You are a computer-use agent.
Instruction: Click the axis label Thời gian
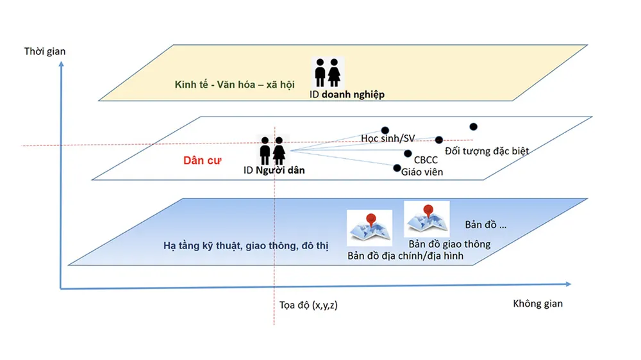point(45,51)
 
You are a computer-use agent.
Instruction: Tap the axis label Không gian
point(538,303)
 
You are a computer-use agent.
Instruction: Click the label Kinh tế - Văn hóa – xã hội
point(235,85)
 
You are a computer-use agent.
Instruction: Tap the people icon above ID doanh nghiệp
point(328,72)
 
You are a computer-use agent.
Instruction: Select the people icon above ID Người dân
point(272,151)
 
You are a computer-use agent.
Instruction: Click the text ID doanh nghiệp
point(347,95)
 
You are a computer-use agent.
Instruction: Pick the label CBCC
point(426,159)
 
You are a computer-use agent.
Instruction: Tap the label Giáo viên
point(422,172)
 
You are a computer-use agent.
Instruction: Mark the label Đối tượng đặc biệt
point(487,151)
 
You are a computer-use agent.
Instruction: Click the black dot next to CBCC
point(408,153)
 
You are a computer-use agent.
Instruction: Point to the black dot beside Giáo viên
point(397,168)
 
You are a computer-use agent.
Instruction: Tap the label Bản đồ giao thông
point(449,244)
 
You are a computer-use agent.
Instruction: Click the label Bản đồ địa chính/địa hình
point(406,256)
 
